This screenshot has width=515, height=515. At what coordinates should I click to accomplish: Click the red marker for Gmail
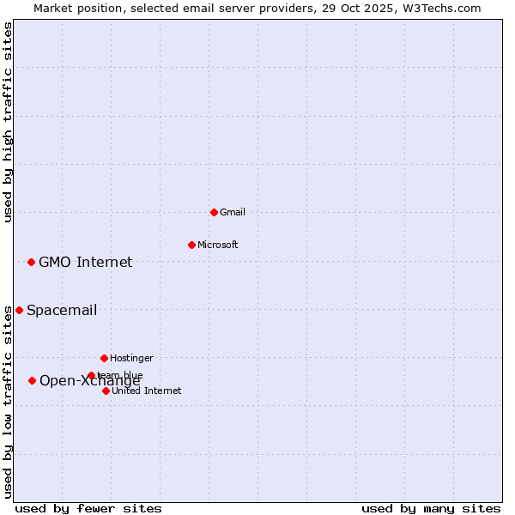pos(214,212)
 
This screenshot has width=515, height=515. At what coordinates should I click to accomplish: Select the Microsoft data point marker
pos(191,245)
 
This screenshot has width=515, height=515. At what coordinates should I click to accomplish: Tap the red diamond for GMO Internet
pos(31,262)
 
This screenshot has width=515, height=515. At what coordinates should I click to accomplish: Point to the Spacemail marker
pos(19,310)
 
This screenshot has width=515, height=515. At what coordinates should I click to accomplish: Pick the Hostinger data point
pos(104,358)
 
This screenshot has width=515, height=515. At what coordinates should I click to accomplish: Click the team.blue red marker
pos(91,375)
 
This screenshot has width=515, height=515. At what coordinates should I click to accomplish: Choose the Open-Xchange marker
pos(32,380)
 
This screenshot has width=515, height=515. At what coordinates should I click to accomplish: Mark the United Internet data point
pos(106,391)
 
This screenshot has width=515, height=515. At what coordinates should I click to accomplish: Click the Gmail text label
pos(232,212)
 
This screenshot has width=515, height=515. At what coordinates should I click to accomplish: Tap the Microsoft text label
pos(217,245)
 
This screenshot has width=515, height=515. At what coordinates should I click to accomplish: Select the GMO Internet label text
pos(85,262)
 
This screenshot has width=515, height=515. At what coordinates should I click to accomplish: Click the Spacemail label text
pos(61,310)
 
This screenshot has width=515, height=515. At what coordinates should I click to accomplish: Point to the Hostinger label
pos(131,358)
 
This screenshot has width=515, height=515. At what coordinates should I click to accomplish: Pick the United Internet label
pos(146,391)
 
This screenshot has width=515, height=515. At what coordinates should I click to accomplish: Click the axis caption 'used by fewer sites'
pos(88,508)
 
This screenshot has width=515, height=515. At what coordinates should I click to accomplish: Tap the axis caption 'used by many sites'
pos(431,508)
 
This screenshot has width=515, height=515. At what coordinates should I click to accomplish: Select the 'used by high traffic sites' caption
pos(8,122)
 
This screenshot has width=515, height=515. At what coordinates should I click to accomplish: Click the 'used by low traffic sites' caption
pos(8,402)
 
